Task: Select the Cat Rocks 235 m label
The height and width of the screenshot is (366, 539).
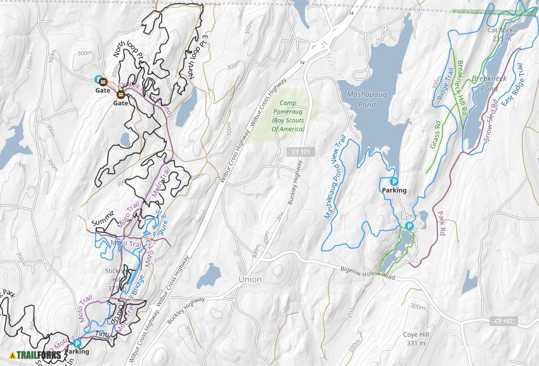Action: pos(501,34)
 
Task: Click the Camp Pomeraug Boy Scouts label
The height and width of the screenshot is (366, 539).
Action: pos(289,115)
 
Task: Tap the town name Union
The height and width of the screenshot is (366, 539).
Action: pos(250,279)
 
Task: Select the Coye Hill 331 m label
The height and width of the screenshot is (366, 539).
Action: pos(415,339)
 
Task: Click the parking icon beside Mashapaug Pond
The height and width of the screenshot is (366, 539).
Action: pos(393,181)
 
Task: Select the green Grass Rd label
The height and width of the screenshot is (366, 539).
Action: pos(436,135)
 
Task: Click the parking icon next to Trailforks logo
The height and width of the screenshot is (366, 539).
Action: pos(77,343)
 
